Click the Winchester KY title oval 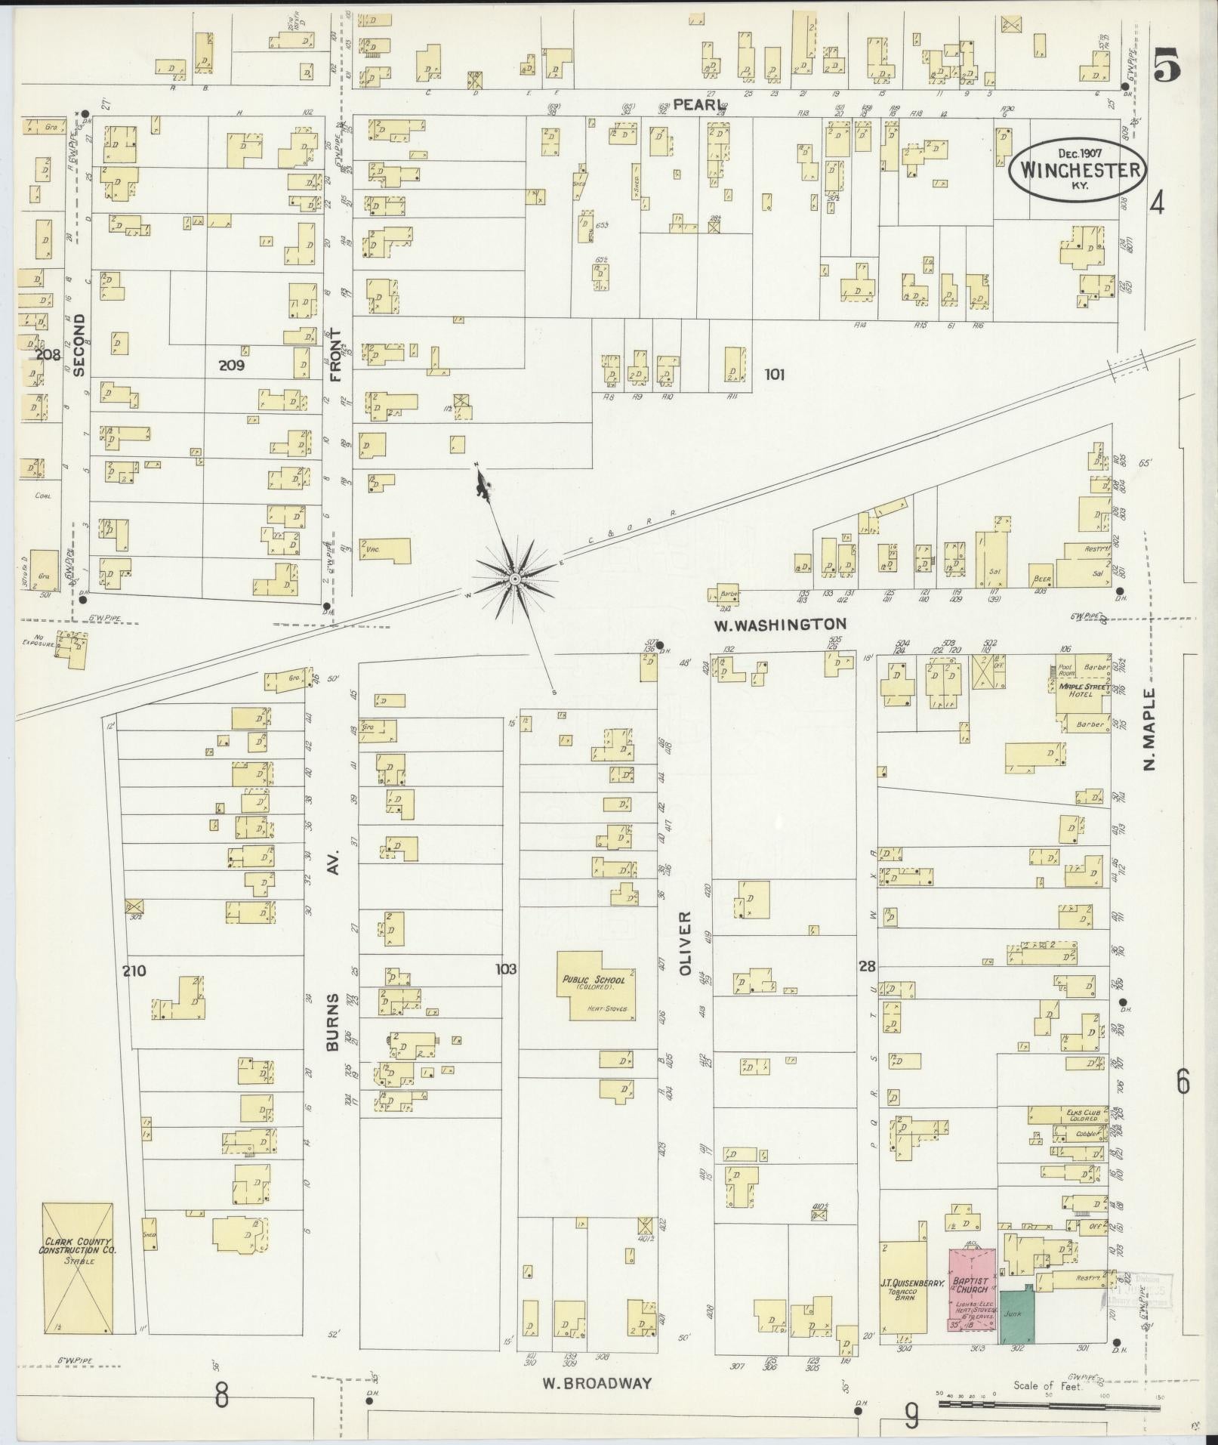coord(1078,170)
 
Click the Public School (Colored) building coord(596,986)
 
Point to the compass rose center coord(514,579)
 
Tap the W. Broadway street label coord(597,1384)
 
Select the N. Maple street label coord(1150,729)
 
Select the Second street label coord(79,345)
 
